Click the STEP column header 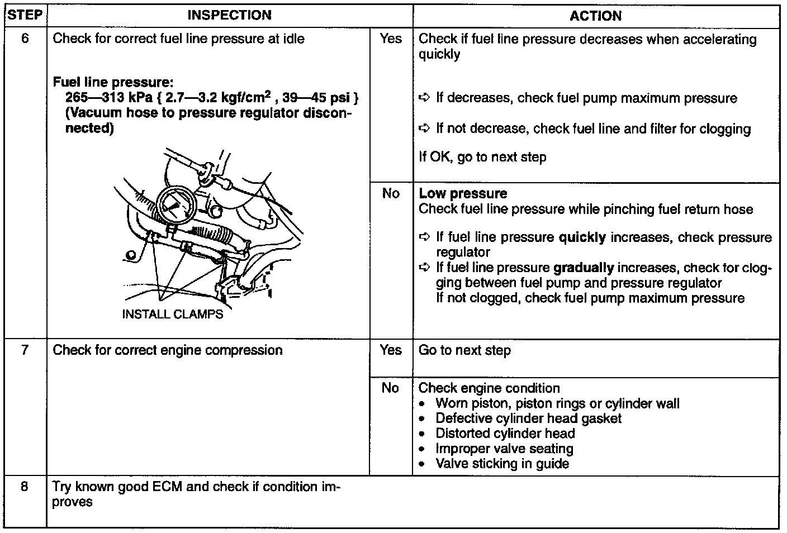(x=25, y=15)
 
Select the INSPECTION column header (x=229, y=15)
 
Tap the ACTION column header (x=595, y=16)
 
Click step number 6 (x=25, y=39)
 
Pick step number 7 (x=25, y=350)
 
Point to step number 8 (x=25, y=487)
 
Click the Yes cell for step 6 (x=391, y=39)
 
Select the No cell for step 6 (x=391, y=193)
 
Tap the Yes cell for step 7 (x=391, y=350)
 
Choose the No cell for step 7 (x=391, y=388)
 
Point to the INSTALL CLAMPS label (x=172, y=314)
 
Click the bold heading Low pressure (x=463, y=194)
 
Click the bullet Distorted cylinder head (x=505, y=434)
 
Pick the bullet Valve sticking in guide (x=502, y=464)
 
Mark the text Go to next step (x=464, y=350)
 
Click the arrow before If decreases (x=424, y=98)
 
